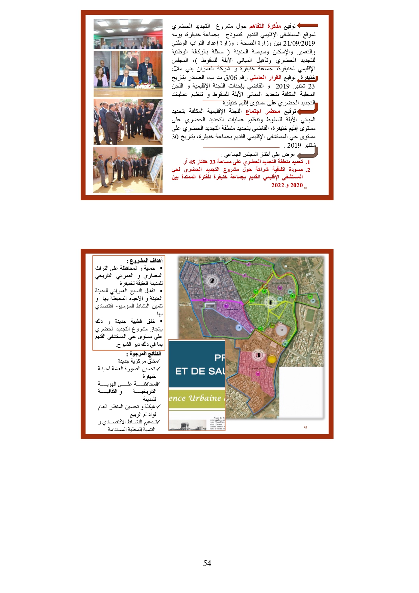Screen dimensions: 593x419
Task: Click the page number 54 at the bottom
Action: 207,563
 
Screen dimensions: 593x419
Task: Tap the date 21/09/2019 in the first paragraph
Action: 299,43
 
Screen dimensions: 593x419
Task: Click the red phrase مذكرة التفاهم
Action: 265,26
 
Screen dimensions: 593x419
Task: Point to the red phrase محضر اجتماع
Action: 263,111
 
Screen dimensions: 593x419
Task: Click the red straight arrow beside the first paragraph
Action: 307,26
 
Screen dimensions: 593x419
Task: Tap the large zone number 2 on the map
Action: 212,280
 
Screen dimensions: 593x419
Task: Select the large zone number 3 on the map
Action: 258,355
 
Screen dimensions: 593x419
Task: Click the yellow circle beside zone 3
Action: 272,359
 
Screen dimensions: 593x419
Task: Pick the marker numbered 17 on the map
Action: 281,330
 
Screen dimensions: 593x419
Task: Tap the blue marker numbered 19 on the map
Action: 239,327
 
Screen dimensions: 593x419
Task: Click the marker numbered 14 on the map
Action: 313,300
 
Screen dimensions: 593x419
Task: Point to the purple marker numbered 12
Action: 280,288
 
